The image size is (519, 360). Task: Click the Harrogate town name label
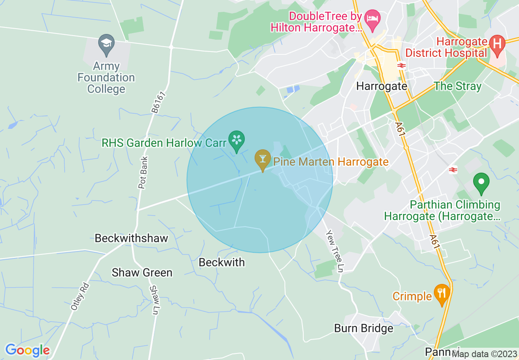click(381, 86)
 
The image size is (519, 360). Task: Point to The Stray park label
click(458, 86)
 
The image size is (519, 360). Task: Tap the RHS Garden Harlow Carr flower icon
click(236, 140)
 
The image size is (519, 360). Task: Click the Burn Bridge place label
click(363, 328)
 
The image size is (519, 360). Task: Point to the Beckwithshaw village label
click(131, 238)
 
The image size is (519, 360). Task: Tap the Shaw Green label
click(142, 272)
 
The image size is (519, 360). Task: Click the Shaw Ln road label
click(154, 300)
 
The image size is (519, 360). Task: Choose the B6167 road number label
click(158, 102)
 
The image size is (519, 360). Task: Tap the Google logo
click(27, 350)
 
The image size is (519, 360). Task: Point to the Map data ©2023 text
click(484, 354)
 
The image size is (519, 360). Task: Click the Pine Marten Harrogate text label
click(331, 162)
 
